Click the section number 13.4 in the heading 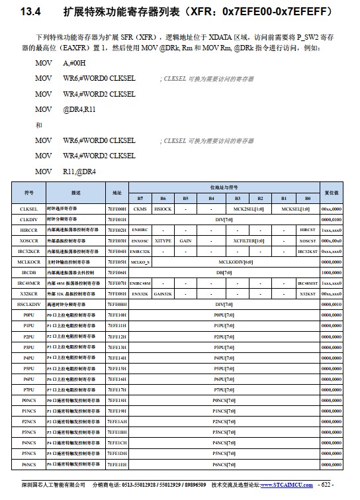tap(31, 13)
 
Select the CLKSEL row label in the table tap(28, 208)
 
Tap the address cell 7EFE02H tap(117, 229)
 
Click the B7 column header tap(140, 198)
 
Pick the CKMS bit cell tap(140, 208)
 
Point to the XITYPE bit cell tap(163, 240)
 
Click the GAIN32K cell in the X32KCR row tap(163, 293)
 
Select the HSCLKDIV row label tap(28, 304)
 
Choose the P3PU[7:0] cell tap(224, 346)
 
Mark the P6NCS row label tap(28, 464)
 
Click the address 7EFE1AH tap(117, 421)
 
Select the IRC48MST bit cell tap(307, 283)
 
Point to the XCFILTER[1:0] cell tap(248, 240)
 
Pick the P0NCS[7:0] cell tap(224, 400)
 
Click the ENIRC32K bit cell tap(140, 251)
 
